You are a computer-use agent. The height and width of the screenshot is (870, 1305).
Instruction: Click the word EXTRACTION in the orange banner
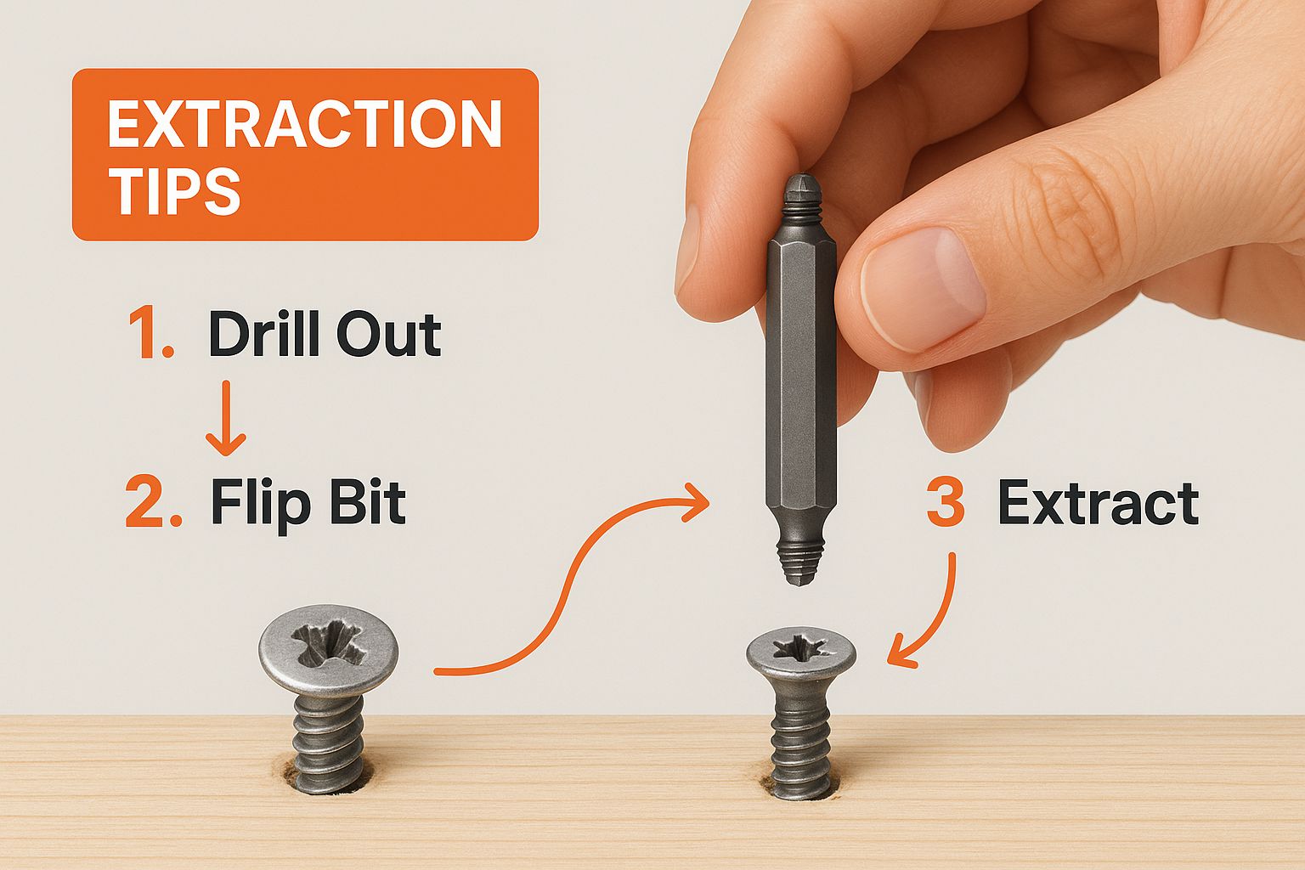click(305, 124)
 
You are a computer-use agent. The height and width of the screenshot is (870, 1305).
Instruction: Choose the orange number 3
click(945, 504)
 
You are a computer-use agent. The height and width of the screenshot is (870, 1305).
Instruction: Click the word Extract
click(1099, 504)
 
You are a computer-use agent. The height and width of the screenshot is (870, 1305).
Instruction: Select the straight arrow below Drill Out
click(225, 418)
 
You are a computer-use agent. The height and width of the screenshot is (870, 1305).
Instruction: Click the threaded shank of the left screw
click(329, 739)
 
